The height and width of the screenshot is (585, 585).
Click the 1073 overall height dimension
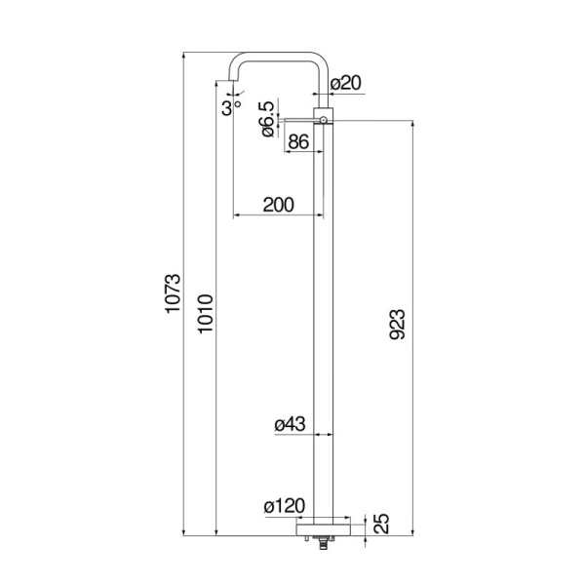click(172, 292)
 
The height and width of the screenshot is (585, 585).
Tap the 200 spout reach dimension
click(279, 205)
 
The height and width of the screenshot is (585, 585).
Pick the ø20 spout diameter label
click(345, 85)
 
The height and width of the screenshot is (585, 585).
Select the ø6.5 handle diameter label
click(267, 119)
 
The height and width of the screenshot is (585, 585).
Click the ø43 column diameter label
click(291, 424)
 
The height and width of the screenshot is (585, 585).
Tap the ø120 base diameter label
click(285, 507)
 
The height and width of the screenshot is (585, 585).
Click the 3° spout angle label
click(230, 108)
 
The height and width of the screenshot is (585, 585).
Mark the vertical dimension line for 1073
click(185, 292)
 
